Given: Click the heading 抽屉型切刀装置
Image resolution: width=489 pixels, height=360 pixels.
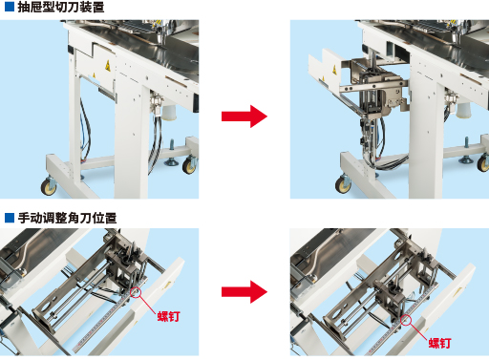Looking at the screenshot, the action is tap(61, 7).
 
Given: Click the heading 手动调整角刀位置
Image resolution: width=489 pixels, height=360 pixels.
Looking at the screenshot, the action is tap(67, 218).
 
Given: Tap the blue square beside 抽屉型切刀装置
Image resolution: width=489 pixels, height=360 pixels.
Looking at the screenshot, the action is tap(10, 7).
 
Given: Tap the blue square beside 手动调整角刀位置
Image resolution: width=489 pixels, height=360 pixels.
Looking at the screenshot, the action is tap(10, 218).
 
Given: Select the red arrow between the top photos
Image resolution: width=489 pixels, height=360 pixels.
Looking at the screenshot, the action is tap(244, 116).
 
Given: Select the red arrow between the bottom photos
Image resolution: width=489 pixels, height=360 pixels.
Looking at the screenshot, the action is tap(244, 291).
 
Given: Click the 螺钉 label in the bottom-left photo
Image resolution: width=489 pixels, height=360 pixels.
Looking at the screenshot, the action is tap(169, 316).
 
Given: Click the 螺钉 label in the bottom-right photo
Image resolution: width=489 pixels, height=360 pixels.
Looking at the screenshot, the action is tap(439, 343).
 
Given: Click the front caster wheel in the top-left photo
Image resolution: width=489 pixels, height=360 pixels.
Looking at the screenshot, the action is tap(49, 186).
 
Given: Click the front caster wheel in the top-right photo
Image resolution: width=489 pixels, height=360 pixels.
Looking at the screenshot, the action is tap(343, 184).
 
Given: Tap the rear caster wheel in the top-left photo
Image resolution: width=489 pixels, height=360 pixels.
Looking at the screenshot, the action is tap(189, 165).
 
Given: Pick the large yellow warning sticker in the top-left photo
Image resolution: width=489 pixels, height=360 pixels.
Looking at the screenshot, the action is tap(108, 66).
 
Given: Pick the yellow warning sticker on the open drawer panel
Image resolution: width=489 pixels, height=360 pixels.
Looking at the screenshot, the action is tap(334, 69).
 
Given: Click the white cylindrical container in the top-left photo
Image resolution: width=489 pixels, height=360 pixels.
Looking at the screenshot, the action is tap(169, 112).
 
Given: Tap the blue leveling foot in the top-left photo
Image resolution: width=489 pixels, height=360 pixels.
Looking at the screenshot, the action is tap(172, 154).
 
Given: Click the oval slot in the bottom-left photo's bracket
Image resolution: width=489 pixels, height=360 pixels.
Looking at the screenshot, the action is tap(45, 307).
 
